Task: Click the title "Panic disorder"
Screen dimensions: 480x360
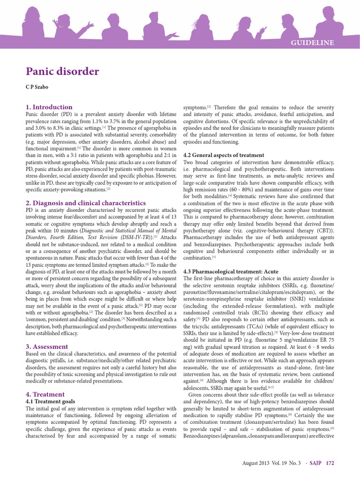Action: point(62,71)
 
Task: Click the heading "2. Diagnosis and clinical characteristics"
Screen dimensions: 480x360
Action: point(85,202)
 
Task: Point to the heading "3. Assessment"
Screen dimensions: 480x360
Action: point(46,346)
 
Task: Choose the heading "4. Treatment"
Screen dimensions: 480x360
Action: point(45,394)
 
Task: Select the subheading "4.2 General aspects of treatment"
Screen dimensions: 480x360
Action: point(224,155)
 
